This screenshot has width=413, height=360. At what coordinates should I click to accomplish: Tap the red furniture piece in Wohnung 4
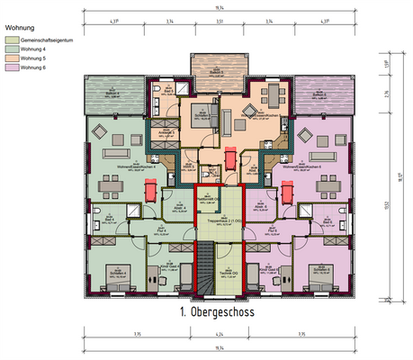coord(149,191)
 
